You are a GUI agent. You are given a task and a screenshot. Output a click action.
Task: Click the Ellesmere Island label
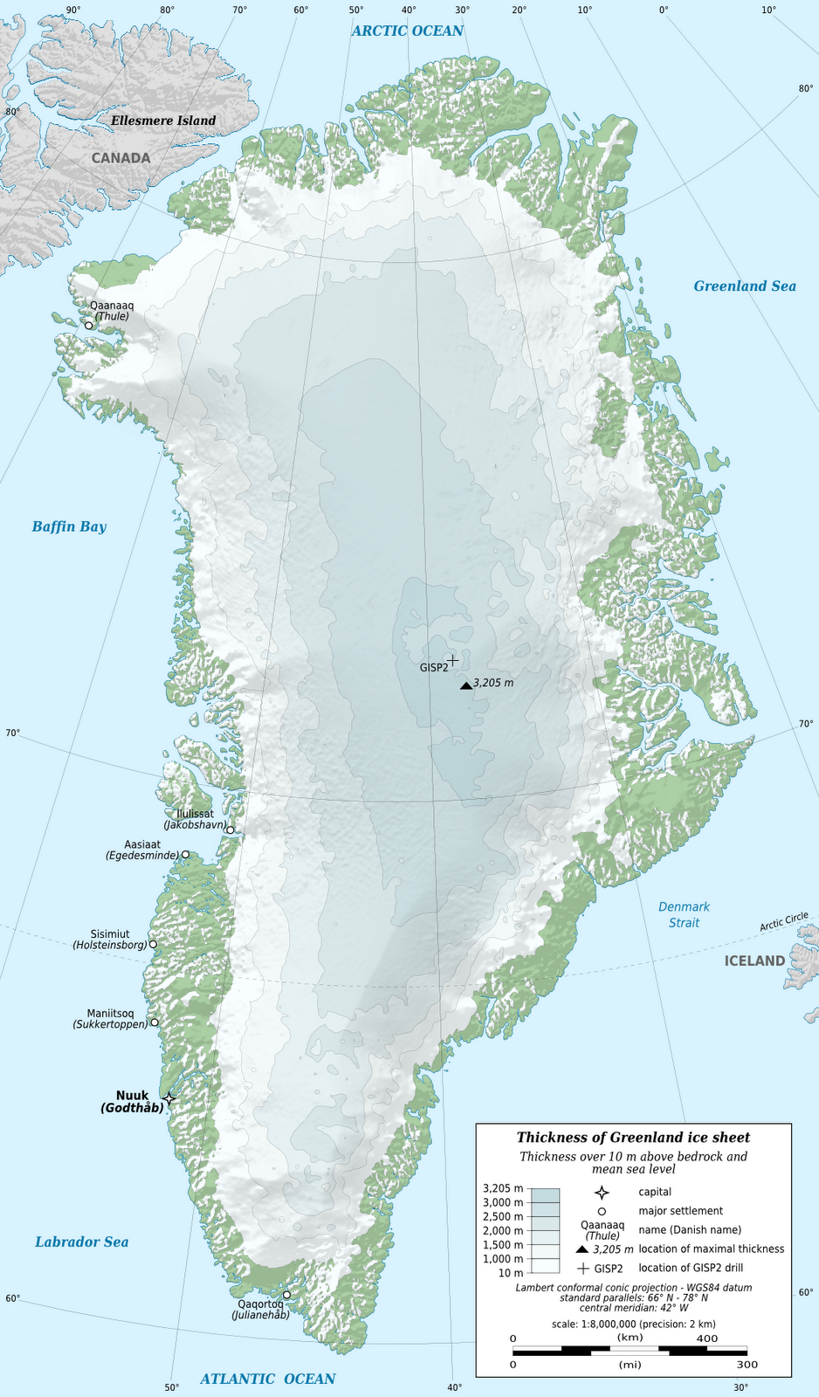click(163, 120)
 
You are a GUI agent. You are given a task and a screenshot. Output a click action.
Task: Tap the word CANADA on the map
click(121, 158)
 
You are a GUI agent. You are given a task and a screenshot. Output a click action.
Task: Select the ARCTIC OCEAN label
click(407, 31)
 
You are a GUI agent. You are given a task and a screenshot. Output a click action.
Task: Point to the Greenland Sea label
click(745, 286)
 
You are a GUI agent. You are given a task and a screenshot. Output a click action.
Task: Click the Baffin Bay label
click(69, 526)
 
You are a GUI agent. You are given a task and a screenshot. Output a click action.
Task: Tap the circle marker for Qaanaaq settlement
click(88, 326)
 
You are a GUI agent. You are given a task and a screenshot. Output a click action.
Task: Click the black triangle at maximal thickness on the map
click(465, 685)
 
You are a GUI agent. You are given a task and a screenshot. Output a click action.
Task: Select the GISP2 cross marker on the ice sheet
click(452, 660)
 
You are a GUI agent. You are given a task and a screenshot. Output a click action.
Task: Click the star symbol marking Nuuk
click(169, 1098)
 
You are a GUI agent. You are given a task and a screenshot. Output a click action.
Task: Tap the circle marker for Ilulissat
click(231, 830)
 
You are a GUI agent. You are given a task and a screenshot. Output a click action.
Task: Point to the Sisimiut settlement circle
click(153, 944)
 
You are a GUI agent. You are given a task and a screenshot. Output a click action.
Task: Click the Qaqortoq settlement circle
click(286, 1295)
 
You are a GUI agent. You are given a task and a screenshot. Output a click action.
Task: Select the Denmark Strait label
click(684, 914)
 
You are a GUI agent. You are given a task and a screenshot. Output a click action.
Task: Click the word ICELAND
click(754, 960)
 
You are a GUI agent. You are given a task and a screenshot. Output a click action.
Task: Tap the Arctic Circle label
click(783, 921)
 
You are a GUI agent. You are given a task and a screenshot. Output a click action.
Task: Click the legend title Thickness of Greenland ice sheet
click(633, 1137)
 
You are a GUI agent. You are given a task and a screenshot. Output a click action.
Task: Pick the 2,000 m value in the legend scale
click(503, 1230)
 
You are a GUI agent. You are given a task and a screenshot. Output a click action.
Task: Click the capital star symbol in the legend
click(601, 1193)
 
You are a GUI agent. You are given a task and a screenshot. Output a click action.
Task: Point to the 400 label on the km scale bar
click(707, 1338)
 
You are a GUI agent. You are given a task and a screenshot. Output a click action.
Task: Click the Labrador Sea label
click(81, 1242)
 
